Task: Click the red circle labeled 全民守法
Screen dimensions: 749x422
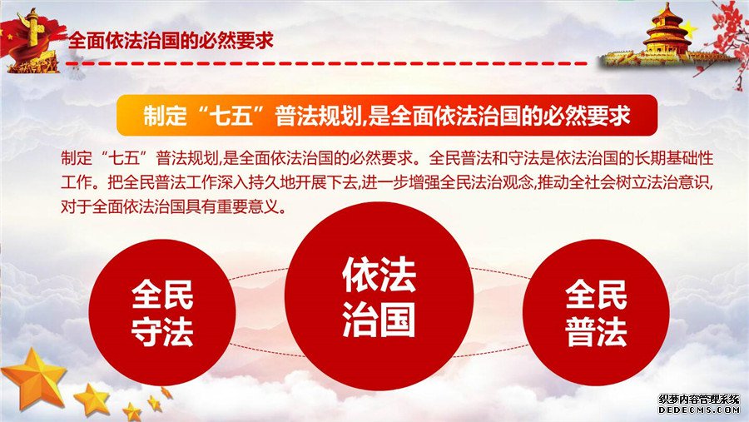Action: coord(162,313)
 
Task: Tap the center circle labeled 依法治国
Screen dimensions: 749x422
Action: coord(379,295)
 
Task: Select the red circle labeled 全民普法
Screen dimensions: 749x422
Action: coord(596,313)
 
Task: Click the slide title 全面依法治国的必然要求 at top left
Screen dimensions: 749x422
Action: coord(171,41)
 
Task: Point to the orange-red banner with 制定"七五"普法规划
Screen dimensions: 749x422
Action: coord(387,115)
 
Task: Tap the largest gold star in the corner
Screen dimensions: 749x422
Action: coord(34,378)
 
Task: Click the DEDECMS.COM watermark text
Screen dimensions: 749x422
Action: coord(699,410)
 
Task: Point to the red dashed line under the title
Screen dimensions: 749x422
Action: coord(327,63)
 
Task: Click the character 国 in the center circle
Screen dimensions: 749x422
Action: coord(398,320)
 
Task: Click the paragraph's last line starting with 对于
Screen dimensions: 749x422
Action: coord(173,207)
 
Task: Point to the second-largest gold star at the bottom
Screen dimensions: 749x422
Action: coord(92,399)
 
